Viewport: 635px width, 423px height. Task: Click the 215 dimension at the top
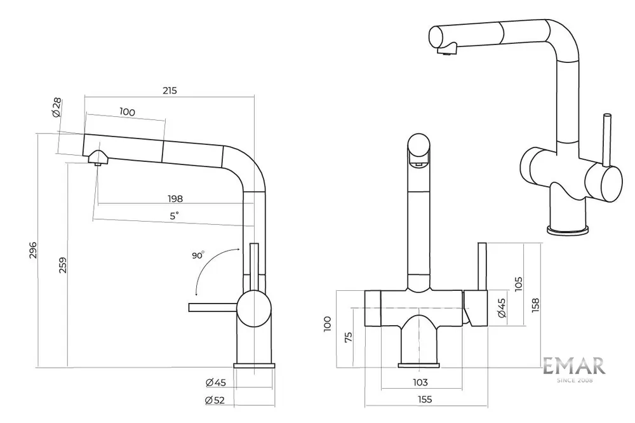click(x=169, y=90)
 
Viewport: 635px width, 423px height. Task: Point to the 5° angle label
click(x=173, y=215)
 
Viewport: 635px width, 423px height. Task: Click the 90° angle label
click(x=198, y=255)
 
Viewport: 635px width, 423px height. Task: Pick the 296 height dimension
click(x=34, y=252)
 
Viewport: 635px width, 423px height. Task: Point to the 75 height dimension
click(x=348, y=337)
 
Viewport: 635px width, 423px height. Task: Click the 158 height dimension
click(x=535, y=304)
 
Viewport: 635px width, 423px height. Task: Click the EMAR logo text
click(x=573, y=365)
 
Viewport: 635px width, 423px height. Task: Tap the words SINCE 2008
click(x=573, y=380)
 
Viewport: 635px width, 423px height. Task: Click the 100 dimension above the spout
click(x=127, y=112)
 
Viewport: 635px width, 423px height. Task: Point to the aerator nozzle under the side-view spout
click(x=98, y=162)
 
